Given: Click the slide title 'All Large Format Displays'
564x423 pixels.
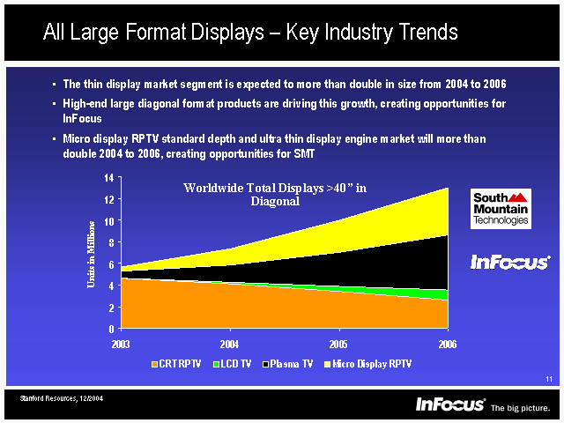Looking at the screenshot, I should click(x=250, y=33).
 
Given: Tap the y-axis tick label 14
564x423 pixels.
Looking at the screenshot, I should click(x=109, y=178).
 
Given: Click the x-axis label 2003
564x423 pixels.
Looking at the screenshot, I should click(x=122, y=343).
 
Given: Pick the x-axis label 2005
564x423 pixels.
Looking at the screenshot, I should click(x=338, y=343).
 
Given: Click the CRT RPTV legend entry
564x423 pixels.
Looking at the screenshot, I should click(x=177, y=363).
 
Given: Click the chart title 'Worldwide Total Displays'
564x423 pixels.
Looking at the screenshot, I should click(x=274, y=194).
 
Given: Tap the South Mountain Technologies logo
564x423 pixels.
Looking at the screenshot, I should click(x=500, y=209).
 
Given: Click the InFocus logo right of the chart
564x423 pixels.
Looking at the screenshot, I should click(x=509, y=262).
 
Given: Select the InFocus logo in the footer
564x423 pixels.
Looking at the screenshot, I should click(x=450, y=404).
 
